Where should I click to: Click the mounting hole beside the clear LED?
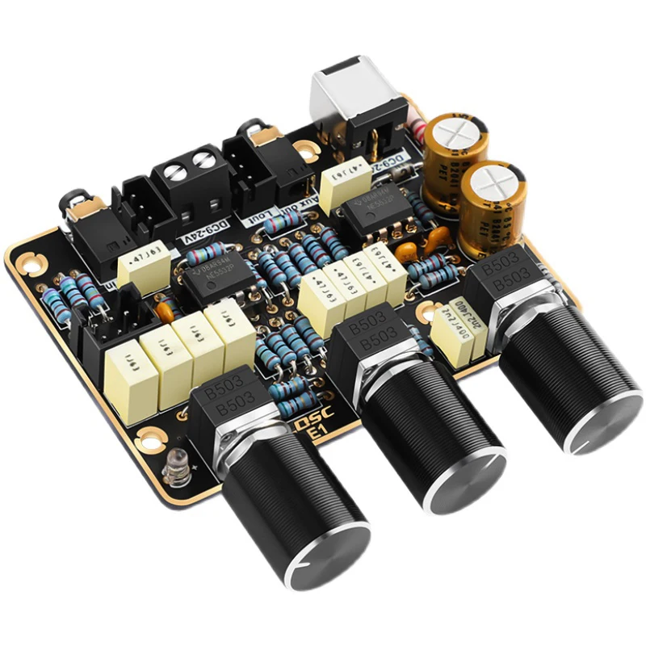pos(147,441)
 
